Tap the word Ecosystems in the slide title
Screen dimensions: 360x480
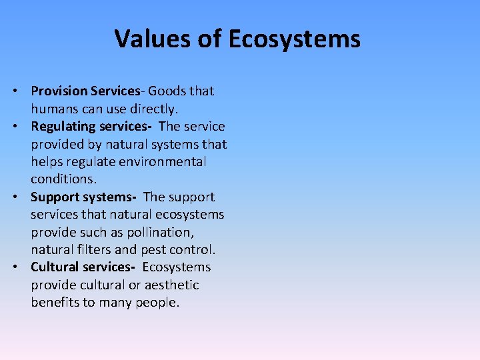click(x=294, y=39)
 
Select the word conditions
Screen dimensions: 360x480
click(x=62, y=179)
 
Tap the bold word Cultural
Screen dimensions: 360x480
click(x=55, y=267)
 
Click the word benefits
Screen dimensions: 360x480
click(x=55, y=303)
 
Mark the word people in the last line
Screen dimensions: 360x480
click(x=158, y=303)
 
